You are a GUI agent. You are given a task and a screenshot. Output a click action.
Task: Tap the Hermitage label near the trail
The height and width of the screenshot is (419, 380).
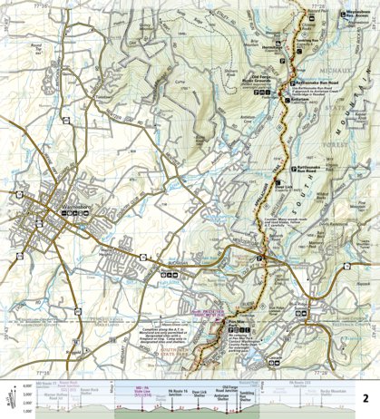(273, 50)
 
